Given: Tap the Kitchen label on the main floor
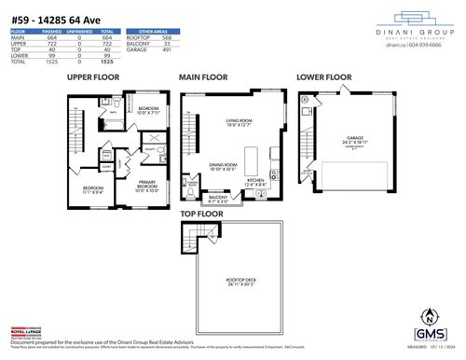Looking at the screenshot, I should pos(256,182).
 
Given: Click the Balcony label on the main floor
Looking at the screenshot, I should pos(217,197).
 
